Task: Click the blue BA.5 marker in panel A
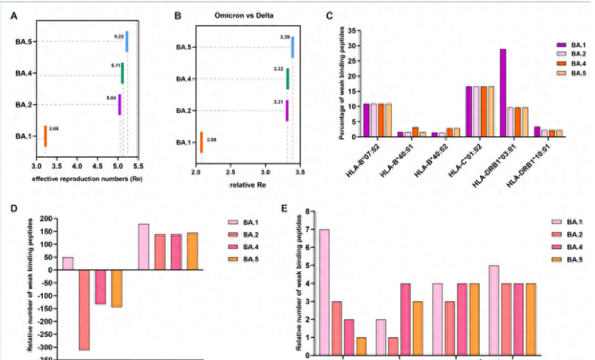(x=127, y=41)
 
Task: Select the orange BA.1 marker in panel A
(x=45, y=136)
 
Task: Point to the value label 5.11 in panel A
(x=115, y=66)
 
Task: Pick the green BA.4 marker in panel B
(x=288, y=79)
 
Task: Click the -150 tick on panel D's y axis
(x=48, y=309)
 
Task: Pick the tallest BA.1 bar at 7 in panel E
(x=324, y=292)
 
